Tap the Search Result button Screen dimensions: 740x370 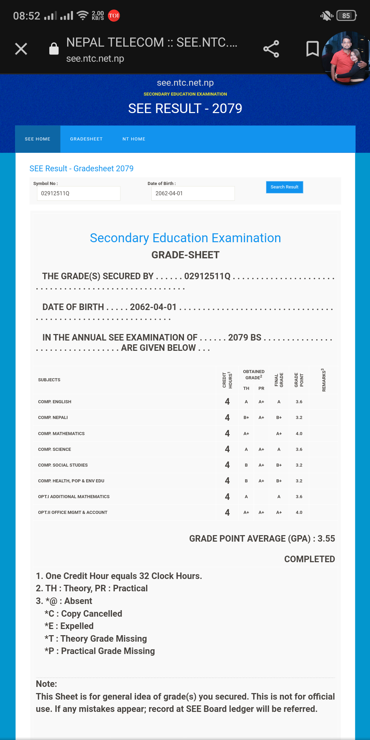point(284,187)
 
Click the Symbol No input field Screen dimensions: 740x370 point(78,193)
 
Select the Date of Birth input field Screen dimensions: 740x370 point(193,193)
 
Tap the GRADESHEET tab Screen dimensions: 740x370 point(86,139)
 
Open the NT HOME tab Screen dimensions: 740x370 point(134,139)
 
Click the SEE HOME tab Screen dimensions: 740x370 point(38,139)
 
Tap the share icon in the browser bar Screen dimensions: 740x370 point(271,49)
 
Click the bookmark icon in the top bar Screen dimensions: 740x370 point(312,49)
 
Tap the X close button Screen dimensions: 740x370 point(21,49)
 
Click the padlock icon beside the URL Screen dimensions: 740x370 point(54,49)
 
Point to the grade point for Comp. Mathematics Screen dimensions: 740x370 point(299,434)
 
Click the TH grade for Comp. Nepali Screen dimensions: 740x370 point(246,418)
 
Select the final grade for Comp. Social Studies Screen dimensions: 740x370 point(279,465)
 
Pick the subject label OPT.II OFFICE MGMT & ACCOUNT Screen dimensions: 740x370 point(73,513)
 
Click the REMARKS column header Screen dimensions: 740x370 point(323,380)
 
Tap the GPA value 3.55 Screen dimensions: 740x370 point(326,539)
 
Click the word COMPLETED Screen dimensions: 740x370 point(309,559)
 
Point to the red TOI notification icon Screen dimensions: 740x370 point(114,16)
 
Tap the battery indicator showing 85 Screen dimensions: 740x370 point(346,16)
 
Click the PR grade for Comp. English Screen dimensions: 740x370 point(261,402)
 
